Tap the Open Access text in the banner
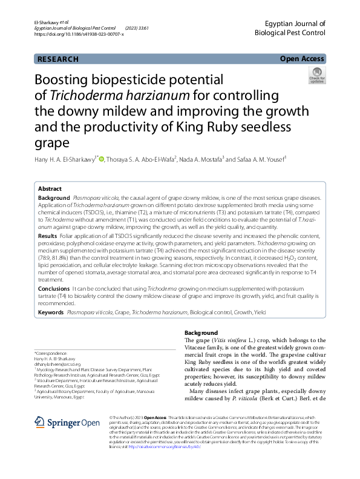pyautogui.click(x=302, y=59)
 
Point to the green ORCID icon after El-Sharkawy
pyautogui.click(x=101, y=159)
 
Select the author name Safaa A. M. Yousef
pyautogui.click(x=260, y=159)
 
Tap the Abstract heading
pyautogui.click(x=50, y=188)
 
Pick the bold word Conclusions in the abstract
pyautogui.click(x=54, y=289)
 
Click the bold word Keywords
pyautogui.click(x=51, y=312)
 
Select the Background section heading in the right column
pyautogui.click(x=200, y=333)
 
